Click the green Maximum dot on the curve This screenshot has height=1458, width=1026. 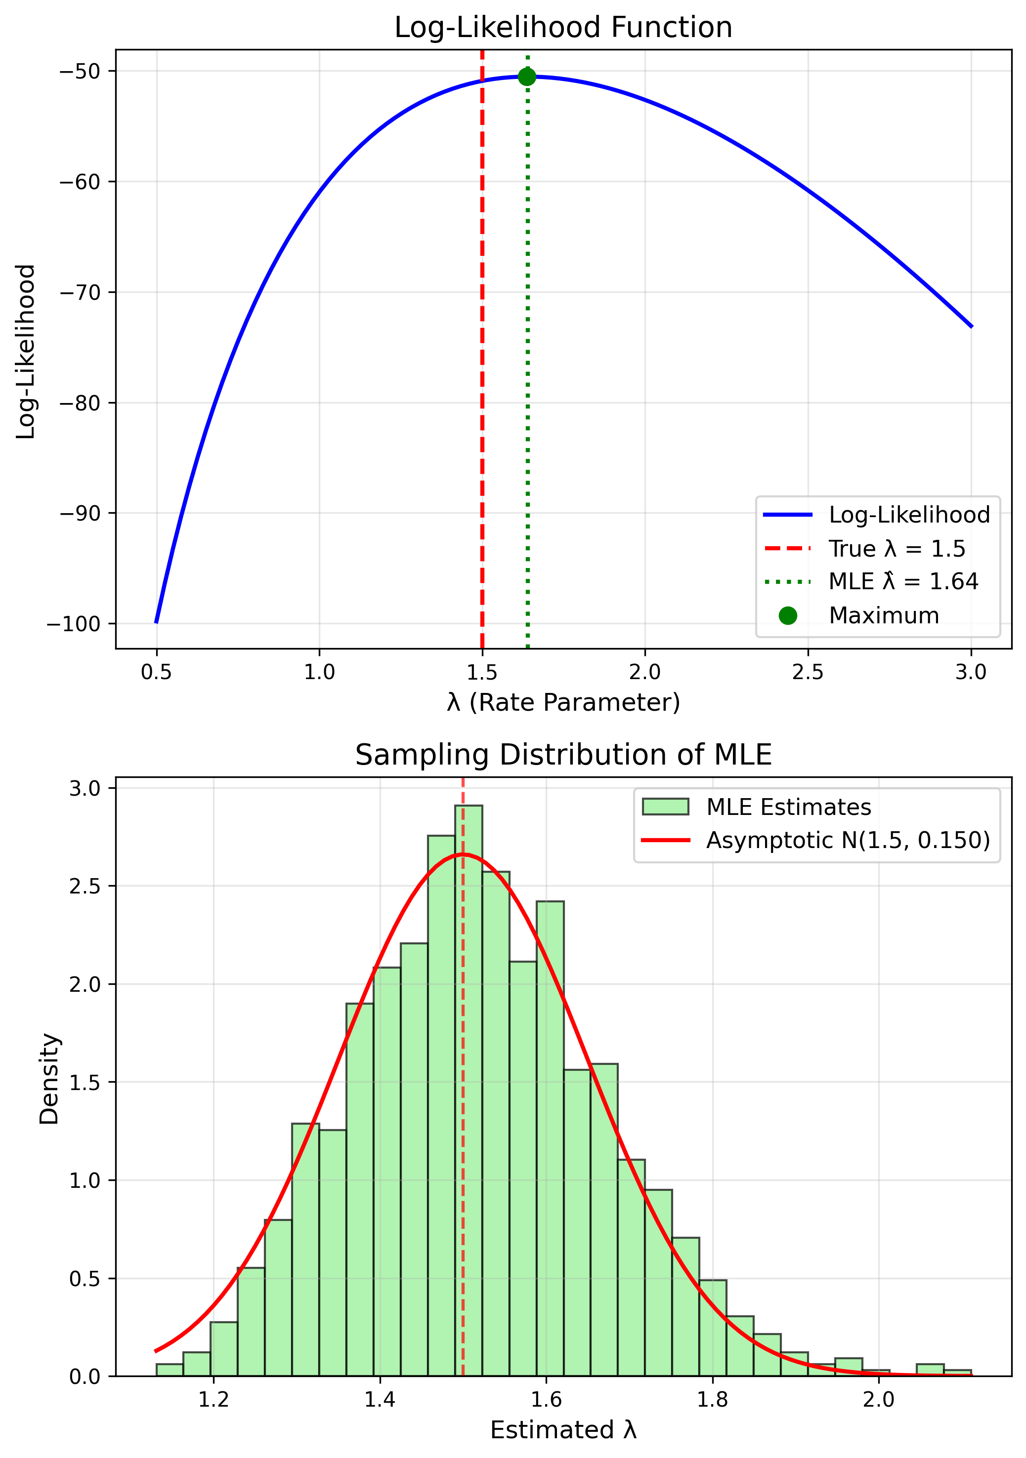tap(527, 77)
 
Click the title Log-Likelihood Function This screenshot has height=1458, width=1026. tap(563, 28)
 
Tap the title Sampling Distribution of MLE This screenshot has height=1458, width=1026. tap(563, 755)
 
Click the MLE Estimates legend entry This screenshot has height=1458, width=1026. tap(788, 807)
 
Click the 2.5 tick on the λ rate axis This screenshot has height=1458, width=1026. tap(808, 672)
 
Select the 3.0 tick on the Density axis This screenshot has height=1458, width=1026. tap(85, 788)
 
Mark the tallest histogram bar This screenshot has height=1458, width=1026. tap(468, 1080)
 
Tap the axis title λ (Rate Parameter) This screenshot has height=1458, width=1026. tap(563, 702)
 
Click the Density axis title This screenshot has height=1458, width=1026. tap(49, 1080)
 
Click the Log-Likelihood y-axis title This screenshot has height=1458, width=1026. tap(25, 351)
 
